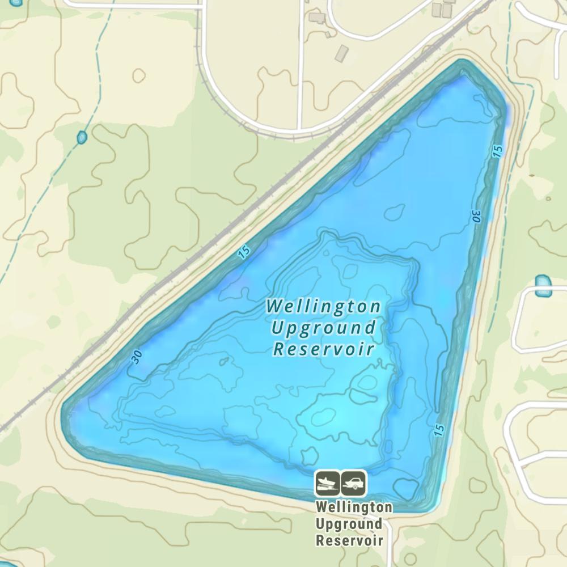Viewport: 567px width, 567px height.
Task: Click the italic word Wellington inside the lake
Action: click(x=324, y=307)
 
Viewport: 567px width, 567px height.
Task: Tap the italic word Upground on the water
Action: click(x=324, y=328)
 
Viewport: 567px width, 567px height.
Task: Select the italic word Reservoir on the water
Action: click(x=324, y=349)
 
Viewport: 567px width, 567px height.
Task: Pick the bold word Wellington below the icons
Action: click(x=354, y=506)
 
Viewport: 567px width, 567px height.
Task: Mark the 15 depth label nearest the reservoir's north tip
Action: click(x=497, y=151)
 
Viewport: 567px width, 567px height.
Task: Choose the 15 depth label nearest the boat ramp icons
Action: click(x=439, y=430)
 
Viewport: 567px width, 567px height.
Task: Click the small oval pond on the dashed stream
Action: click(x=82, y=137)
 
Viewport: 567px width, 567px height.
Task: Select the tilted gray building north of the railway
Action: click(x=342, y=53)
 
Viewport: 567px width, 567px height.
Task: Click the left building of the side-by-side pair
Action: click(x=437, y=9)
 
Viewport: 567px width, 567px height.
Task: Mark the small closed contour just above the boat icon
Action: click(x=308, y=455)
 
